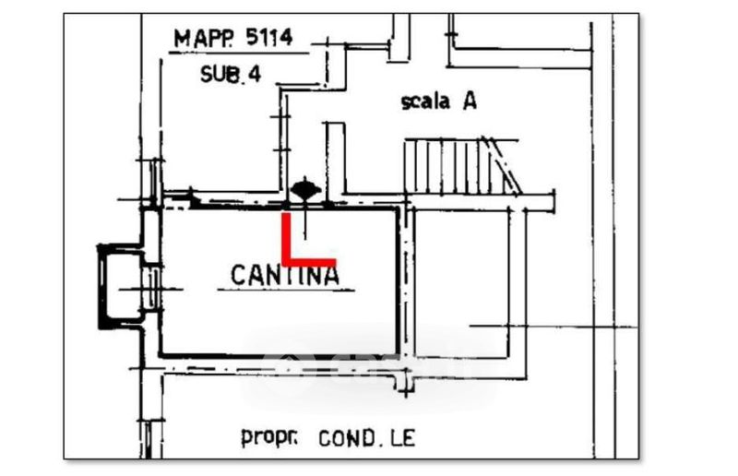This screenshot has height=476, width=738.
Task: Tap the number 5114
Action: [x=267, y=38]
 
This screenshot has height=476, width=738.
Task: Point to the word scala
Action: [x=425, y=102]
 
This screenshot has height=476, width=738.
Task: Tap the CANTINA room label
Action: [x=284, y=273]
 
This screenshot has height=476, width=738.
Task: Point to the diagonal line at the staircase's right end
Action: [x=506, y=164]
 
